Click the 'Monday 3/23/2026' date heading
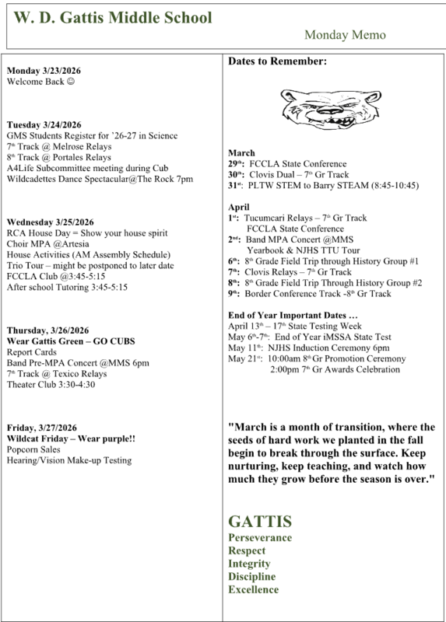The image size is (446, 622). pos(44,71)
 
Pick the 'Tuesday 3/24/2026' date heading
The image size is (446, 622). pos(44,125)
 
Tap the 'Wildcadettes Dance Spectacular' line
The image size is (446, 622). pos(100,180)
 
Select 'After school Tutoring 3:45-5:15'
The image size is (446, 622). pos(66,287)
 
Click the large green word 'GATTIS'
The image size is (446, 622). pos(260,519)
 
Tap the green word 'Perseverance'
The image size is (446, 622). pos(260,537)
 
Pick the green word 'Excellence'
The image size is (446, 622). pos(253,590)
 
